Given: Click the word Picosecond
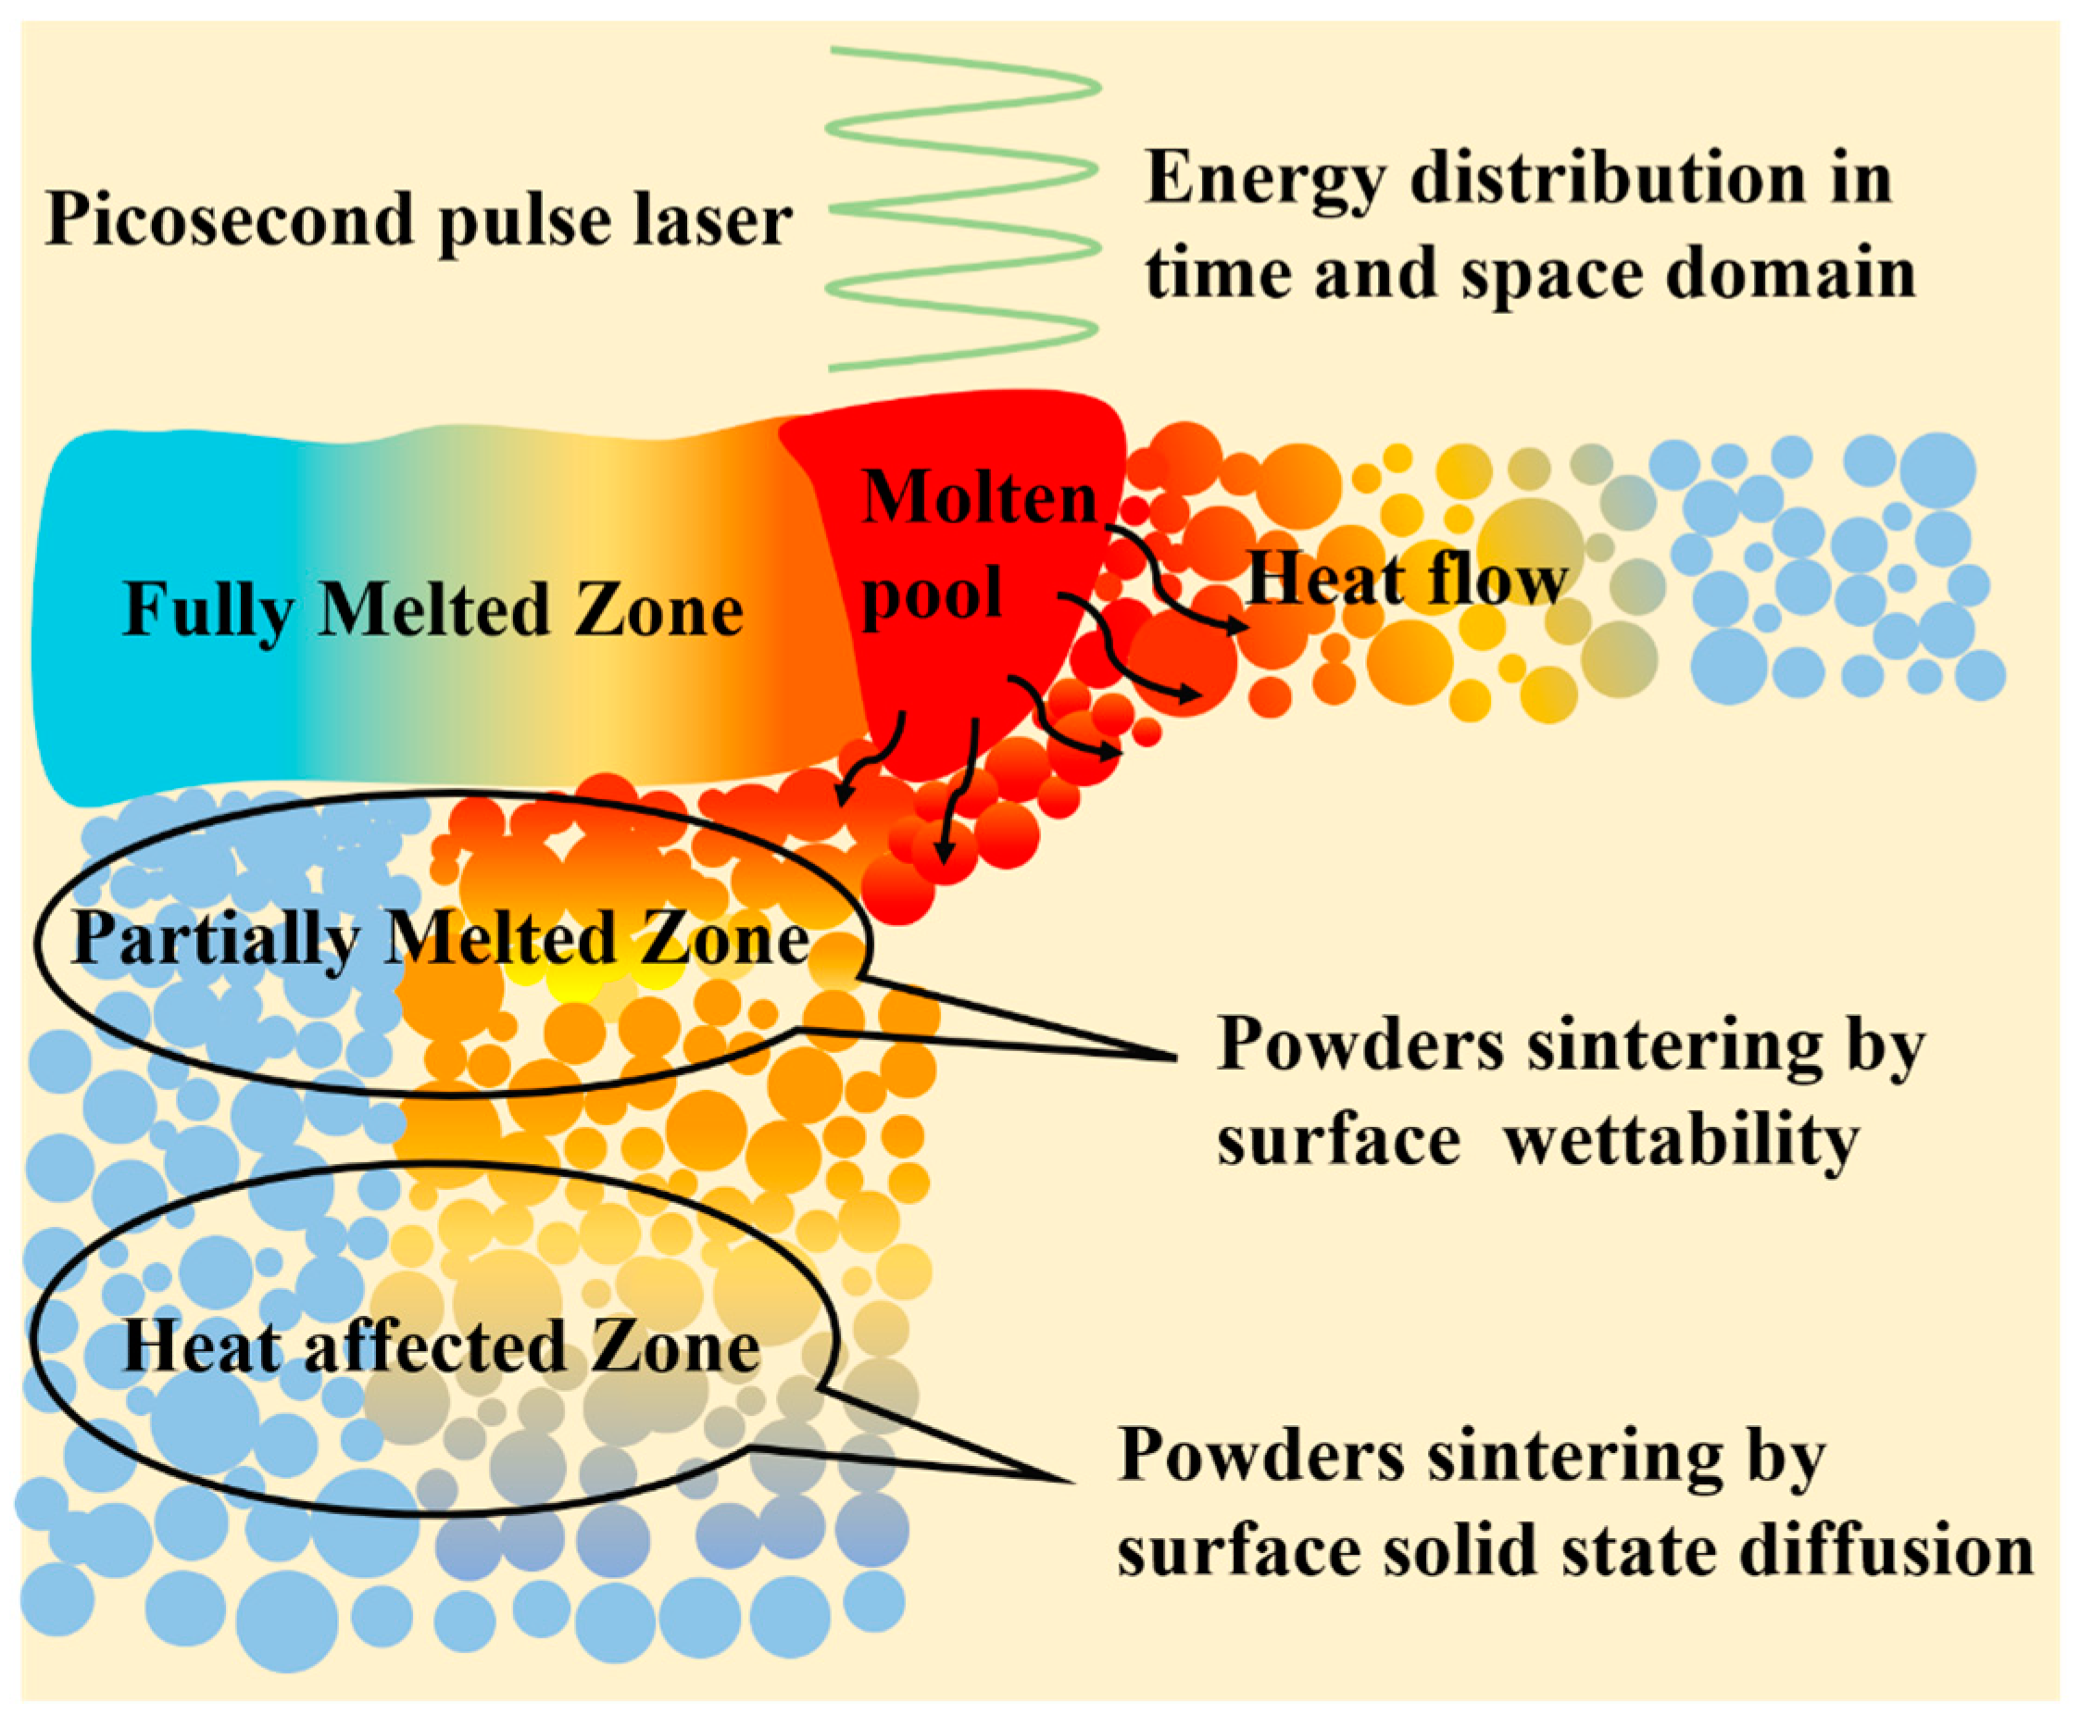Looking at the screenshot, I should (229, 219).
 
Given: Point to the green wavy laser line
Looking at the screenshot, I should (963, 208).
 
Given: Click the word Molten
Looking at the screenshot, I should (979, 497).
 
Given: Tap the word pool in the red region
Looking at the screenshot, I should (932, 595).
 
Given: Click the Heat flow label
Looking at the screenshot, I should (1408, 581).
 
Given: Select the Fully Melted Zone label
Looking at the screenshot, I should (432, 610).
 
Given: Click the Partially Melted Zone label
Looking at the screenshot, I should (441, 938).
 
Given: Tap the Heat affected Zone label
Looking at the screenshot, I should (441, 1346).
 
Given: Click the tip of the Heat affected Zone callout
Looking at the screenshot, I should (1072, 1482).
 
